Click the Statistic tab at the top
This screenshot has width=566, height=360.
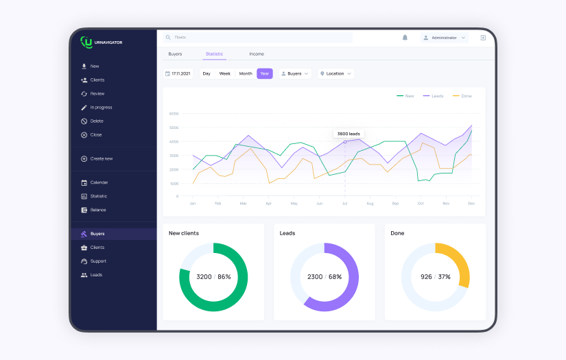pyautogui.click(x=214, y=53)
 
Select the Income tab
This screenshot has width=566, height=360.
pyautogui.click(x=257, y=53)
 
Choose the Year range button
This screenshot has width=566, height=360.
pyautogui.click(x=264, y=73)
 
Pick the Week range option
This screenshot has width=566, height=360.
pyautogui.click(x=224, y=73)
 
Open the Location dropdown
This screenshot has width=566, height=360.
pyautogui.click(x=335, y=73)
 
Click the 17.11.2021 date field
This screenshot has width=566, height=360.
pyautogui.click(x=178, y=73)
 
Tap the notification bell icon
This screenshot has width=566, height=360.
pyautogui.click(x=405, y=38)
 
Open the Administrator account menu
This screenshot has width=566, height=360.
pyautogui.click(x=444, y=38)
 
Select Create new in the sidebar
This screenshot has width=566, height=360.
pyautogui.click(x=101, y=158)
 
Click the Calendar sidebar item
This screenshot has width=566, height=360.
pyautogui.click(x=99, y=182)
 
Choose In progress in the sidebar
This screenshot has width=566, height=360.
pyautogui.click(x=101, y=107)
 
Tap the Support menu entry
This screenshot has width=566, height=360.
pyautogui.click(x=98, y=261)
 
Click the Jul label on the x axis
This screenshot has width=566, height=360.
pyautogui.click(x=344, y=204)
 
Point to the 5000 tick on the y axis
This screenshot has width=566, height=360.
pyautogui.click(x=174, y=128)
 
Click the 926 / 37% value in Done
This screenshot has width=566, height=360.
pyautogui.click(x=436, y=276)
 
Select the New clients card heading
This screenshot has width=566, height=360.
pyautogui.click(x=184, y=233)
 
